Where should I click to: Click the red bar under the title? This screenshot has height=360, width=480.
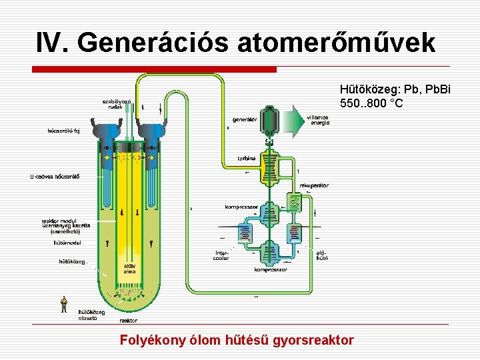pos(154,69)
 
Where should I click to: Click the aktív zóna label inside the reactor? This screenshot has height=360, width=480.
pos(129,268)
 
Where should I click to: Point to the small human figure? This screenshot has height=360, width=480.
pos(64,304)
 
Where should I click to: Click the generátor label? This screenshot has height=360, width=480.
pos(245,120)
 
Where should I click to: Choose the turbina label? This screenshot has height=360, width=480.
pos(247,158)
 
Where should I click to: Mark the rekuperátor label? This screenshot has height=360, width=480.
pos(314,185)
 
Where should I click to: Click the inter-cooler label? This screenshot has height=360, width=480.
pos(222,255)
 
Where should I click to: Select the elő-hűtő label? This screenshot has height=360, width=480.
pos(321,255)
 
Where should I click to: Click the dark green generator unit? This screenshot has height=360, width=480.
pos(270,120)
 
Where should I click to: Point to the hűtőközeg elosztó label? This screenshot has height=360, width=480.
pos(91,315)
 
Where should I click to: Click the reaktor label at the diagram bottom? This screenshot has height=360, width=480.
pos(129,321)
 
